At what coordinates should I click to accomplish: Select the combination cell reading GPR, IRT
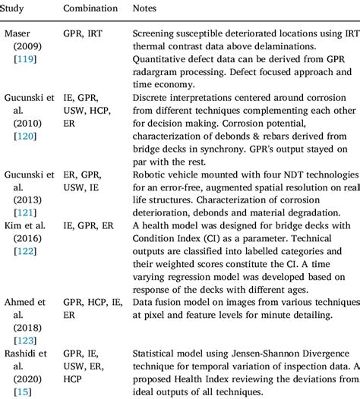(85, 34)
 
